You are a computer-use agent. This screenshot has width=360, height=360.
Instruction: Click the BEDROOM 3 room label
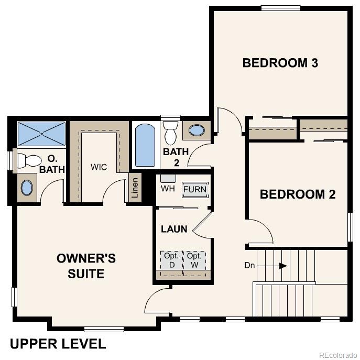280,63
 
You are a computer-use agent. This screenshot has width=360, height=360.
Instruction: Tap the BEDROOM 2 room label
298,194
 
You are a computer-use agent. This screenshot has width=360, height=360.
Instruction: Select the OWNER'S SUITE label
86,266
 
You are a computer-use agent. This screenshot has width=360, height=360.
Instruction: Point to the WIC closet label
99,167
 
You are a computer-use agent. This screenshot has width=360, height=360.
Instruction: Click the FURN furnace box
195,189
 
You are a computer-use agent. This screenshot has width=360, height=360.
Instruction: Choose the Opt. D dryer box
171,260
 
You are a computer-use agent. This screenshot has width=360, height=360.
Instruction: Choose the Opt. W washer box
194,260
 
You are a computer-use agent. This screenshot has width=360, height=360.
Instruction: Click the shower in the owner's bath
42,134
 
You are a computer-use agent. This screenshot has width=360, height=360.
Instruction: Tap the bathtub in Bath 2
144,145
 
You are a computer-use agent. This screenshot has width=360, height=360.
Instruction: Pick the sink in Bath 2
197,130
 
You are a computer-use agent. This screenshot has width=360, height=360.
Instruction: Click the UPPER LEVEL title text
58,344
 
